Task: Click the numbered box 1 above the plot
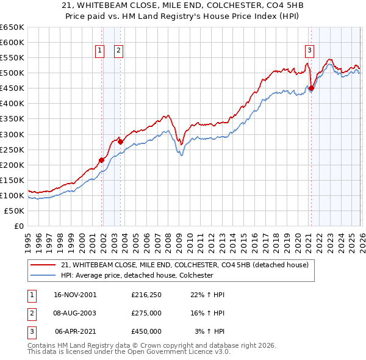[99, 51]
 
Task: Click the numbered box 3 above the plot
[310, 51]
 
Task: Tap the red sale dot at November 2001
[102, 160]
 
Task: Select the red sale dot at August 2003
[121, 142]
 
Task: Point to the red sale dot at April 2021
[311, 88]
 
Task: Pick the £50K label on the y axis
[15, 211]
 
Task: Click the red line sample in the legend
[43, 265]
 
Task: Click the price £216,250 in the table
[146, 295]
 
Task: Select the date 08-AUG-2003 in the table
[75, 313]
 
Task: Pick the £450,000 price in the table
[146, 331]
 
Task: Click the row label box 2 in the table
[31, 313]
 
